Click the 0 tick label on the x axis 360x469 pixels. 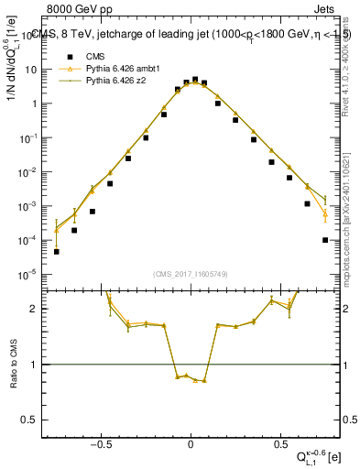click(191, 443)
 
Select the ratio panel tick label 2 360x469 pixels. click(34, 309)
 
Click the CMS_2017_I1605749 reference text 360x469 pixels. click(191, 274)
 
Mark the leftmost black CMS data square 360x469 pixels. click(57, 251)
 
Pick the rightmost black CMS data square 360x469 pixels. click(325, 240)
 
